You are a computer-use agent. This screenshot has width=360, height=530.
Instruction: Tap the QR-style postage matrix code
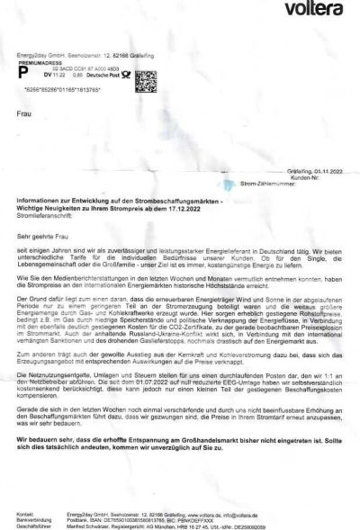pyautogui.click(x=146, y=80)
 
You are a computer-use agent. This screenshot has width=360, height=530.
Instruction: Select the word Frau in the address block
pyautogui.click(x=23, y=114)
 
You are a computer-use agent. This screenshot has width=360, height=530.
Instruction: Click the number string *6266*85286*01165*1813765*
pyautogui.click(x=57, y=93)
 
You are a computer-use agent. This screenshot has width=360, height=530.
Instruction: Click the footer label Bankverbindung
pyautogui.click(x=33, y=519)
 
